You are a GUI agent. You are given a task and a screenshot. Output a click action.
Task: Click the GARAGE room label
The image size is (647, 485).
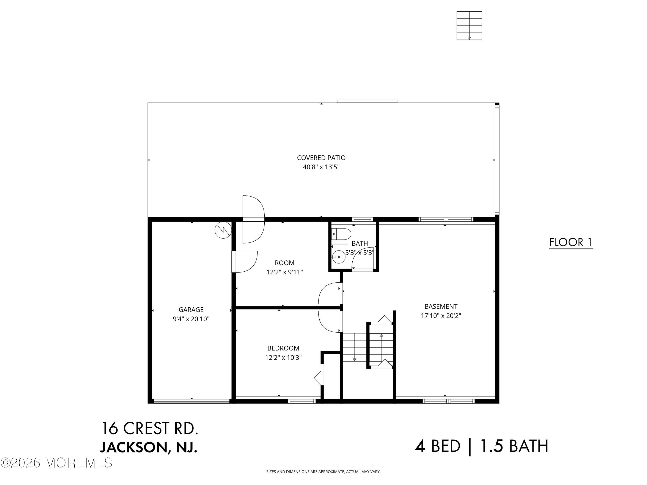191,309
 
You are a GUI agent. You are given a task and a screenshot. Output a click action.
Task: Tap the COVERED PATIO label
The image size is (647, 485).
321,158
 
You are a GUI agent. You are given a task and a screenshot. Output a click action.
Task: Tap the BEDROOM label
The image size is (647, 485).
283,348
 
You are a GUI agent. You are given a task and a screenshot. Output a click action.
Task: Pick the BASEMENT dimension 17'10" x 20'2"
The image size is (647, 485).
441,316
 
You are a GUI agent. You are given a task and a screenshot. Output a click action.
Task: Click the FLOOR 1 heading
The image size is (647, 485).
571,242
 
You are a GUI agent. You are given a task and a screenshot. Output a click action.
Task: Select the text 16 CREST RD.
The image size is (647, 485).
149,428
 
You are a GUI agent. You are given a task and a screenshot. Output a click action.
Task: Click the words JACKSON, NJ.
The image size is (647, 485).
149,447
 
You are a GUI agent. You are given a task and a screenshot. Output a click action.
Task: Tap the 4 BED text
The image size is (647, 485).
438,446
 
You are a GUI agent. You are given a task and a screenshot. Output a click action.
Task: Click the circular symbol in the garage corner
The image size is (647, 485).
223,231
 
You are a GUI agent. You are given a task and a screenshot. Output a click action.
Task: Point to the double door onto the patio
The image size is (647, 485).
253,219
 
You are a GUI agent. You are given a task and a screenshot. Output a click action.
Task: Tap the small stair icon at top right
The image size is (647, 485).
469,26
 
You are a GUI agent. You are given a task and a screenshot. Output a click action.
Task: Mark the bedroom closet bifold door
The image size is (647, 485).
319,378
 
